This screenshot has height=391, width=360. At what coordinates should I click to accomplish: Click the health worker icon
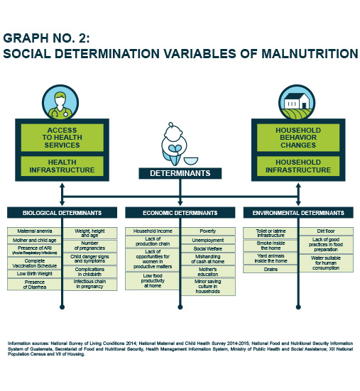(60, 103)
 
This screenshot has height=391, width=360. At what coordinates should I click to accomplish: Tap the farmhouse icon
(297, 103)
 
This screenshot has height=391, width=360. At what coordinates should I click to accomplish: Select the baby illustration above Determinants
(174, 144)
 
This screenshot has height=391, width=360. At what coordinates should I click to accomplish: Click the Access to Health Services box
(62, 138)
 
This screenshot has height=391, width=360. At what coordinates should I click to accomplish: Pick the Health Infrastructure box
(62, 166)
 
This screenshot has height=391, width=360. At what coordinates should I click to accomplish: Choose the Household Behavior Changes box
(298, 138)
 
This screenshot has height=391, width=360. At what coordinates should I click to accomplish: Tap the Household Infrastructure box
(298, 166)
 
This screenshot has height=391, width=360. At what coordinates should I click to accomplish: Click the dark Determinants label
(180, 173)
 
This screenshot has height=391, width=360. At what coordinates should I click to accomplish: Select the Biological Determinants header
(62, 213)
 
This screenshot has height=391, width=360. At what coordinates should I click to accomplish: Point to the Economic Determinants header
(180, 213)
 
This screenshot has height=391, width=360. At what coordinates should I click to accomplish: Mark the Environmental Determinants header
(298, 213)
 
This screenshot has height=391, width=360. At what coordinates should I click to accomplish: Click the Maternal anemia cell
(34, 231)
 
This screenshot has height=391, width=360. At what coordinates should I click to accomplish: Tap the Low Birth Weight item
(34, 274)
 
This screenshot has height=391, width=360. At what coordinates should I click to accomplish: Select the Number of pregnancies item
(89, 246)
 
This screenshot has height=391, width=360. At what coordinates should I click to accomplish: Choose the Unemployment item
(208, 241)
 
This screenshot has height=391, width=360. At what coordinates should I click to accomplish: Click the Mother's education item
(208, 272)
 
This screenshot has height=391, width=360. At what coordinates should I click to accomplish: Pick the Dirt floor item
(326, 231)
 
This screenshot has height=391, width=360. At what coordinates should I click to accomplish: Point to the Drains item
(271, 270)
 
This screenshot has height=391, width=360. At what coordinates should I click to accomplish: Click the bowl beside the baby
(191, 161)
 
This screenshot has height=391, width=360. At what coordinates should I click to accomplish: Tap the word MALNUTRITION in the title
(310, 54)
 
